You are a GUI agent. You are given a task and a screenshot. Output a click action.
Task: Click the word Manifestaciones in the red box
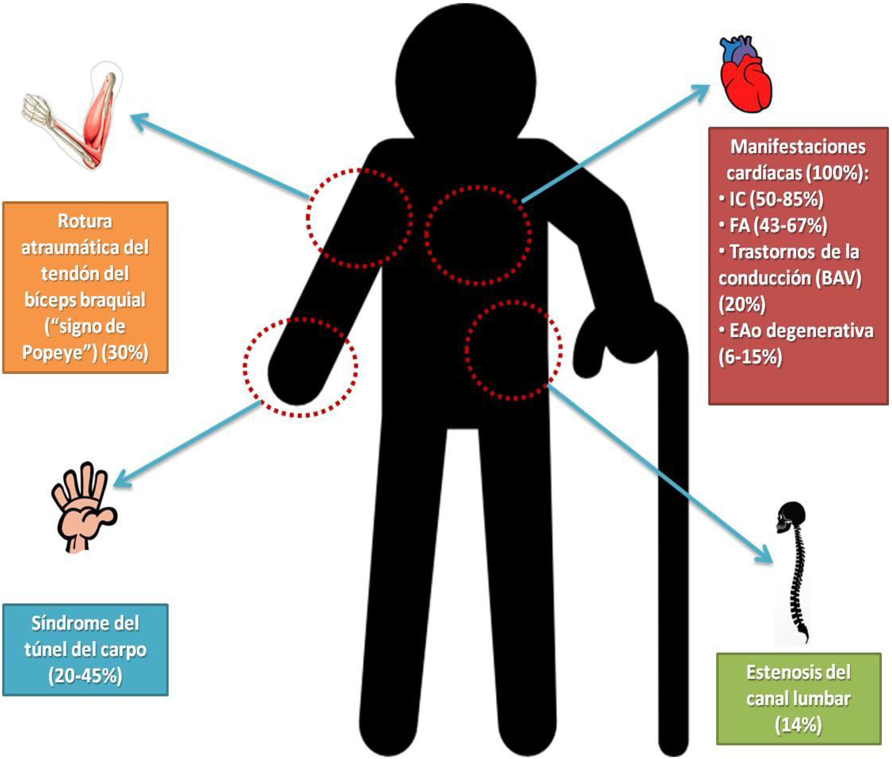[x=798, y=147]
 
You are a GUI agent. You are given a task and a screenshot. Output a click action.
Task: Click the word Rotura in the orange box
[x=85, y=221]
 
